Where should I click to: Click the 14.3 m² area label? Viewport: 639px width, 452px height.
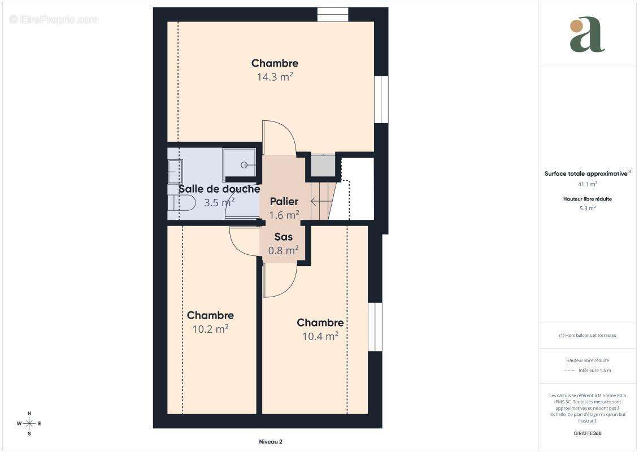pyautogui.click(x=275, y=77)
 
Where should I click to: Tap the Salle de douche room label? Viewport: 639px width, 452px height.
pyautogui.click(x=219, y=189)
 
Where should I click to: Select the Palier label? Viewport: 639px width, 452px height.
pyautogui.click(x=284, y=202)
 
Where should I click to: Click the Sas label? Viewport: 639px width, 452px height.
pyautogui.click(x=283, y=237)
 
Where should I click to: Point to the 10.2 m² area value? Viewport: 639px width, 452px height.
pyautogui.click(x=210, y=329)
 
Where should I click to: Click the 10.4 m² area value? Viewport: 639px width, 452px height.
pyautogui.click(x=320, y=336)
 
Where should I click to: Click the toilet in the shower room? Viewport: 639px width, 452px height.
pyautogui.click(x=181, y=202)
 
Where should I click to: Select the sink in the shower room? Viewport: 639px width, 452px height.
pyautogui.click(x=175, y=171)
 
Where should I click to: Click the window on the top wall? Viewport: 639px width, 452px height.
pyautogui.click(x=332, y=14)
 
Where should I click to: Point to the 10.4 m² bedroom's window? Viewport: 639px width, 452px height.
pyautogui.click(x=375, y=327)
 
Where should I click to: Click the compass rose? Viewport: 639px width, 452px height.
pyautogui.click(x=29, y=423)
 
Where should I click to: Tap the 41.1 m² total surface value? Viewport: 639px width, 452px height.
pyautogui.click(x=587, y=184)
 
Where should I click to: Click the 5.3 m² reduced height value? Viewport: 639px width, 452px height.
pyautogui.click(x=587, y=208)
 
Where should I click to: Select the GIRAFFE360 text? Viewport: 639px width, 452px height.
pyautogui.click(x=587, y=433)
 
